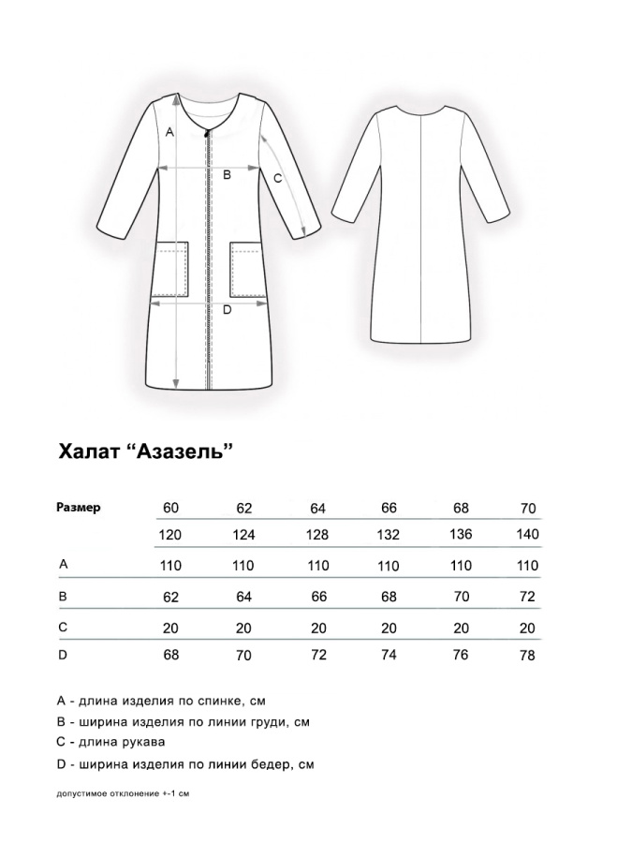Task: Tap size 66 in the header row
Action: tap(389, 508)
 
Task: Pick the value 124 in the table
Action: tap(243, 535)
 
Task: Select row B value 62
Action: tap(169, 595)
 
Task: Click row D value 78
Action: tap(527, 656)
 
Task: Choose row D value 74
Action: tap(389, 655)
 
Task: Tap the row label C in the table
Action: tap(63, 625)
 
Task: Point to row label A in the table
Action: tap(63, 564)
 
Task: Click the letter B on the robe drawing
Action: tap(226, 174)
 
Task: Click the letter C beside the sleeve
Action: tap(277, 177)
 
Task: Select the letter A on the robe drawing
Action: tap(169, 132)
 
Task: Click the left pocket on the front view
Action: tap(171, 270)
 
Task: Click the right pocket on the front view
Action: tap(245, 270)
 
